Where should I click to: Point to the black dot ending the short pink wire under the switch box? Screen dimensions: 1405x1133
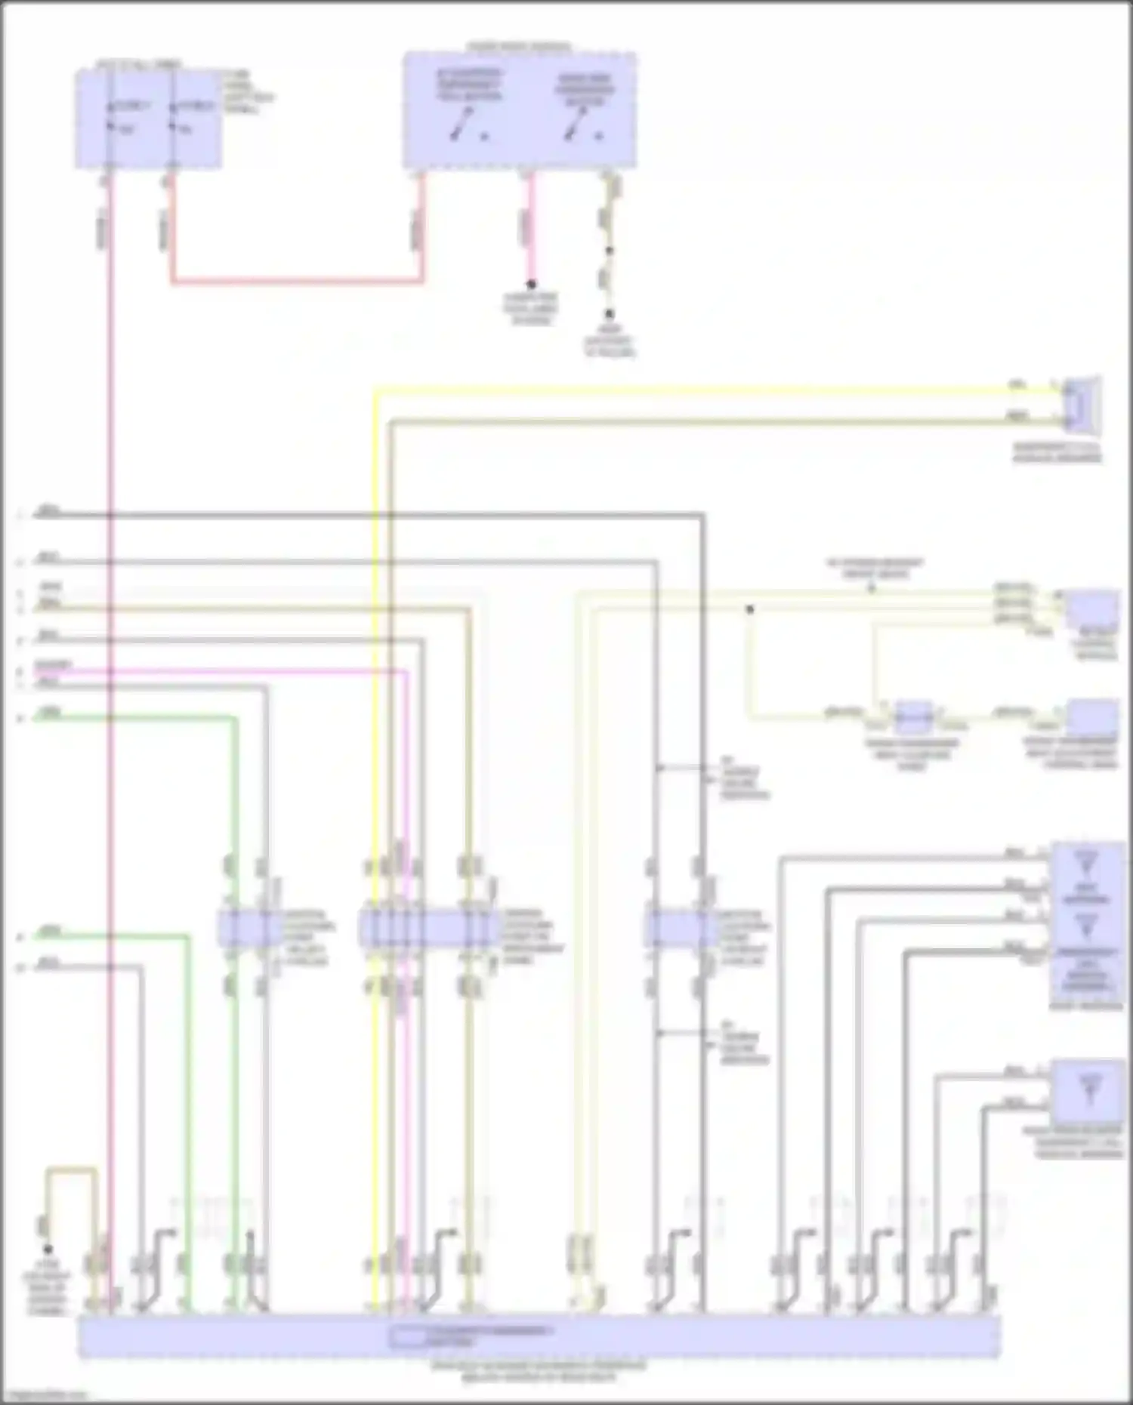pos(531,285)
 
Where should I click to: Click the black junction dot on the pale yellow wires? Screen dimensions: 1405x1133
pos(750,609)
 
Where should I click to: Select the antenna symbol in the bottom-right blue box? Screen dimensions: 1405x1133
pos(1088,1088)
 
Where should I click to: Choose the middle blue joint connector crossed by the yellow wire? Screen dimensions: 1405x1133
pos(427,929)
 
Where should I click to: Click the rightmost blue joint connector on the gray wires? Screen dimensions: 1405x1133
pos(680,929)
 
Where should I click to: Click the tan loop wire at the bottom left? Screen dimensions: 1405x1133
pos(72,1170)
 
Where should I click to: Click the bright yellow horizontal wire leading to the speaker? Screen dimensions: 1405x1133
pos(680,390)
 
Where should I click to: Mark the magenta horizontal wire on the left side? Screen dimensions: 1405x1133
pos(227,670)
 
